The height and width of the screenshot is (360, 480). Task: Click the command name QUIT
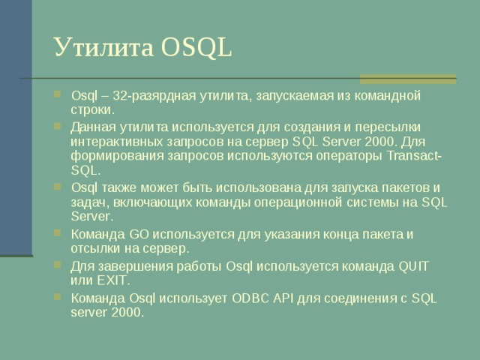(413, 265)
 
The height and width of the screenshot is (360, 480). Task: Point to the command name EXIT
(112, 280)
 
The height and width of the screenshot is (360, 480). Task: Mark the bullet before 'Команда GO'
(59, 234)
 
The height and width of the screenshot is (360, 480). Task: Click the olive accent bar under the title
(409, 78)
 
